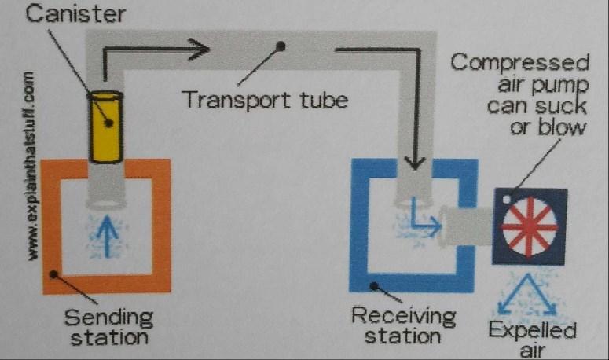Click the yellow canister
(x=105, y=127)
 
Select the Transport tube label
(x=265, y=100)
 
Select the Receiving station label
(x=403, y=325)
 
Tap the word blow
(x=549, y=128)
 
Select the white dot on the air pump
(x=507, y=200)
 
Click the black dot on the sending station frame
(x=54, y=274)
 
